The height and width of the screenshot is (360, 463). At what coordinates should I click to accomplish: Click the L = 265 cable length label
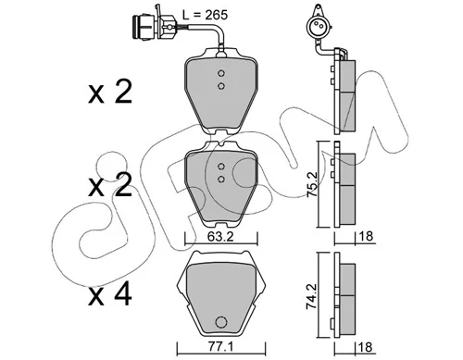click(x=205, y=15)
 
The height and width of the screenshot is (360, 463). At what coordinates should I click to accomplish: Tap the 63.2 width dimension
click(x=220, y=237)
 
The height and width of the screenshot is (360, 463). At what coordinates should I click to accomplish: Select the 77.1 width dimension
click(x=219, y=348)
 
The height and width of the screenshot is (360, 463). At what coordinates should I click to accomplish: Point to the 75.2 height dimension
click(x=312, y=184)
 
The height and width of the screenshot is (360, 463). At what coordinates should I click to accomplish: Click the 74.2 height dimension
click(x=312, y=295)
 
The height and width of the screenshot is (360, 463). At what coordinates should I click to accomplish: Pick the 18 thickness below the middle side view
click(x=366, y=237)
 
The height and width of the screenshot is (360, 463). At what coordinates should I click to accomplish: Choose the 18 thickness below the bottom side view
click(x=366, y=347)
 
